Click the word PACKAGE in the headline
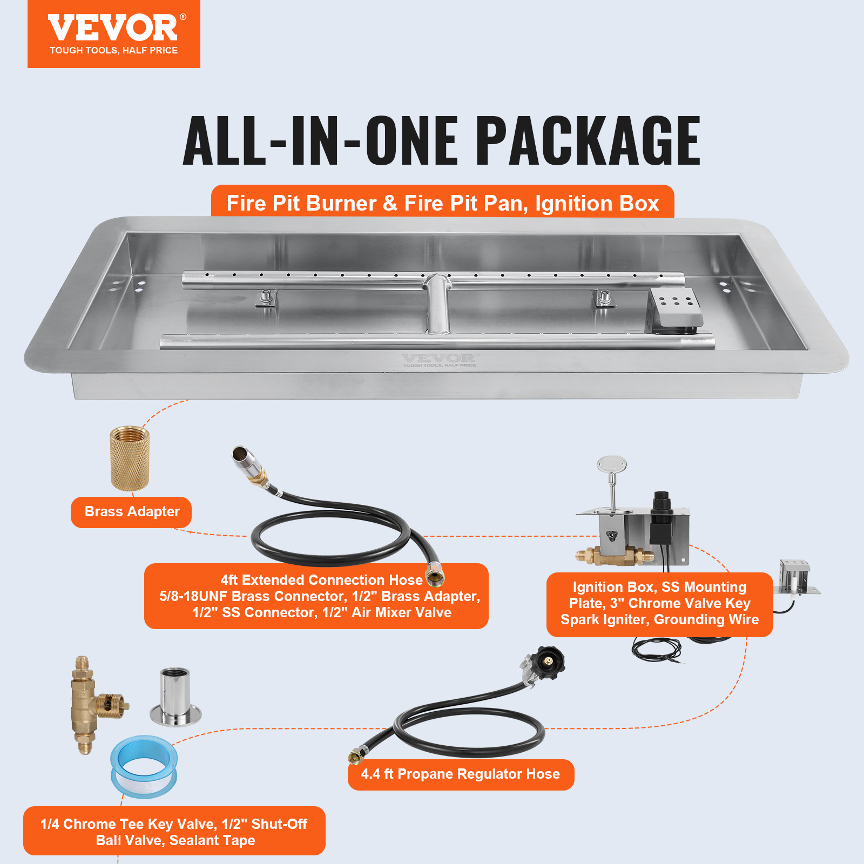[587, 141]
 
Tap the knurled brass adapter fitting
[130, 458]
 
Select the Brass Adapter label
[132, 512]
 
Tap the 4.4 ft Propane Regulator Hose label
[460, 774]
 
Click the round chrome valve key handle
[612, 465]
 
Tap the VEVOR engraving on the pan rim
[438, 359]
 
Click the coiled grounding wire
[656, 648]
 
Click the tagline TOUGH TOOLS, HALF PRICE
[113, 51]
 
